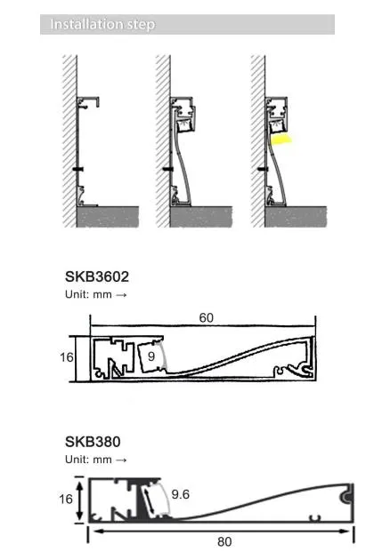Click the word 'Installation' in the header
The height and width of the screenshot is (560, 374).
tap(82, 24)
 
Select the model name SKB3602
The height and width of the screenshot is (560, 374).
tap(97, 276)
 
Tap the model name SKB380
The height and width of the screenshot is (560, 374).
tap(93, 442)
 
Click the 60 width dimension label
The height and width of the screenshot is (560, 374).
tap(207, 317)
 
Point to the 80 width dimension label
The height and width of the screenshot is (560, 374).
tap(224, 542)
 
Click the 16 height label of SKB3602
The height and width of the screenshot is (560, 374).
tap(67, 357)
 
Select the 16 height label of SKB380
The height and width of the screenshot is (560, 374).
tap(66, 499)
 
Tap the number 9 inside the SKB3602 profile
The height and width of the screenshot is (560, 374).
tap(151, 356)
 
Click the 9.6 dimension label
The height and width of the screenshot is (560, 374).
tap(181, 494)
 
